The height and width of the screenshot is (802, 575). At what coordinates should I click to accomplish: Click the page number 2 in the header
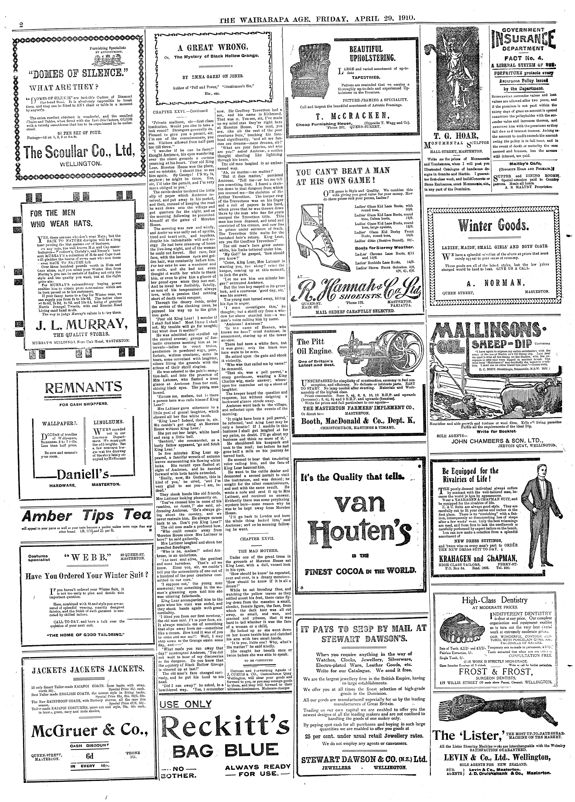[21, 25]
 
